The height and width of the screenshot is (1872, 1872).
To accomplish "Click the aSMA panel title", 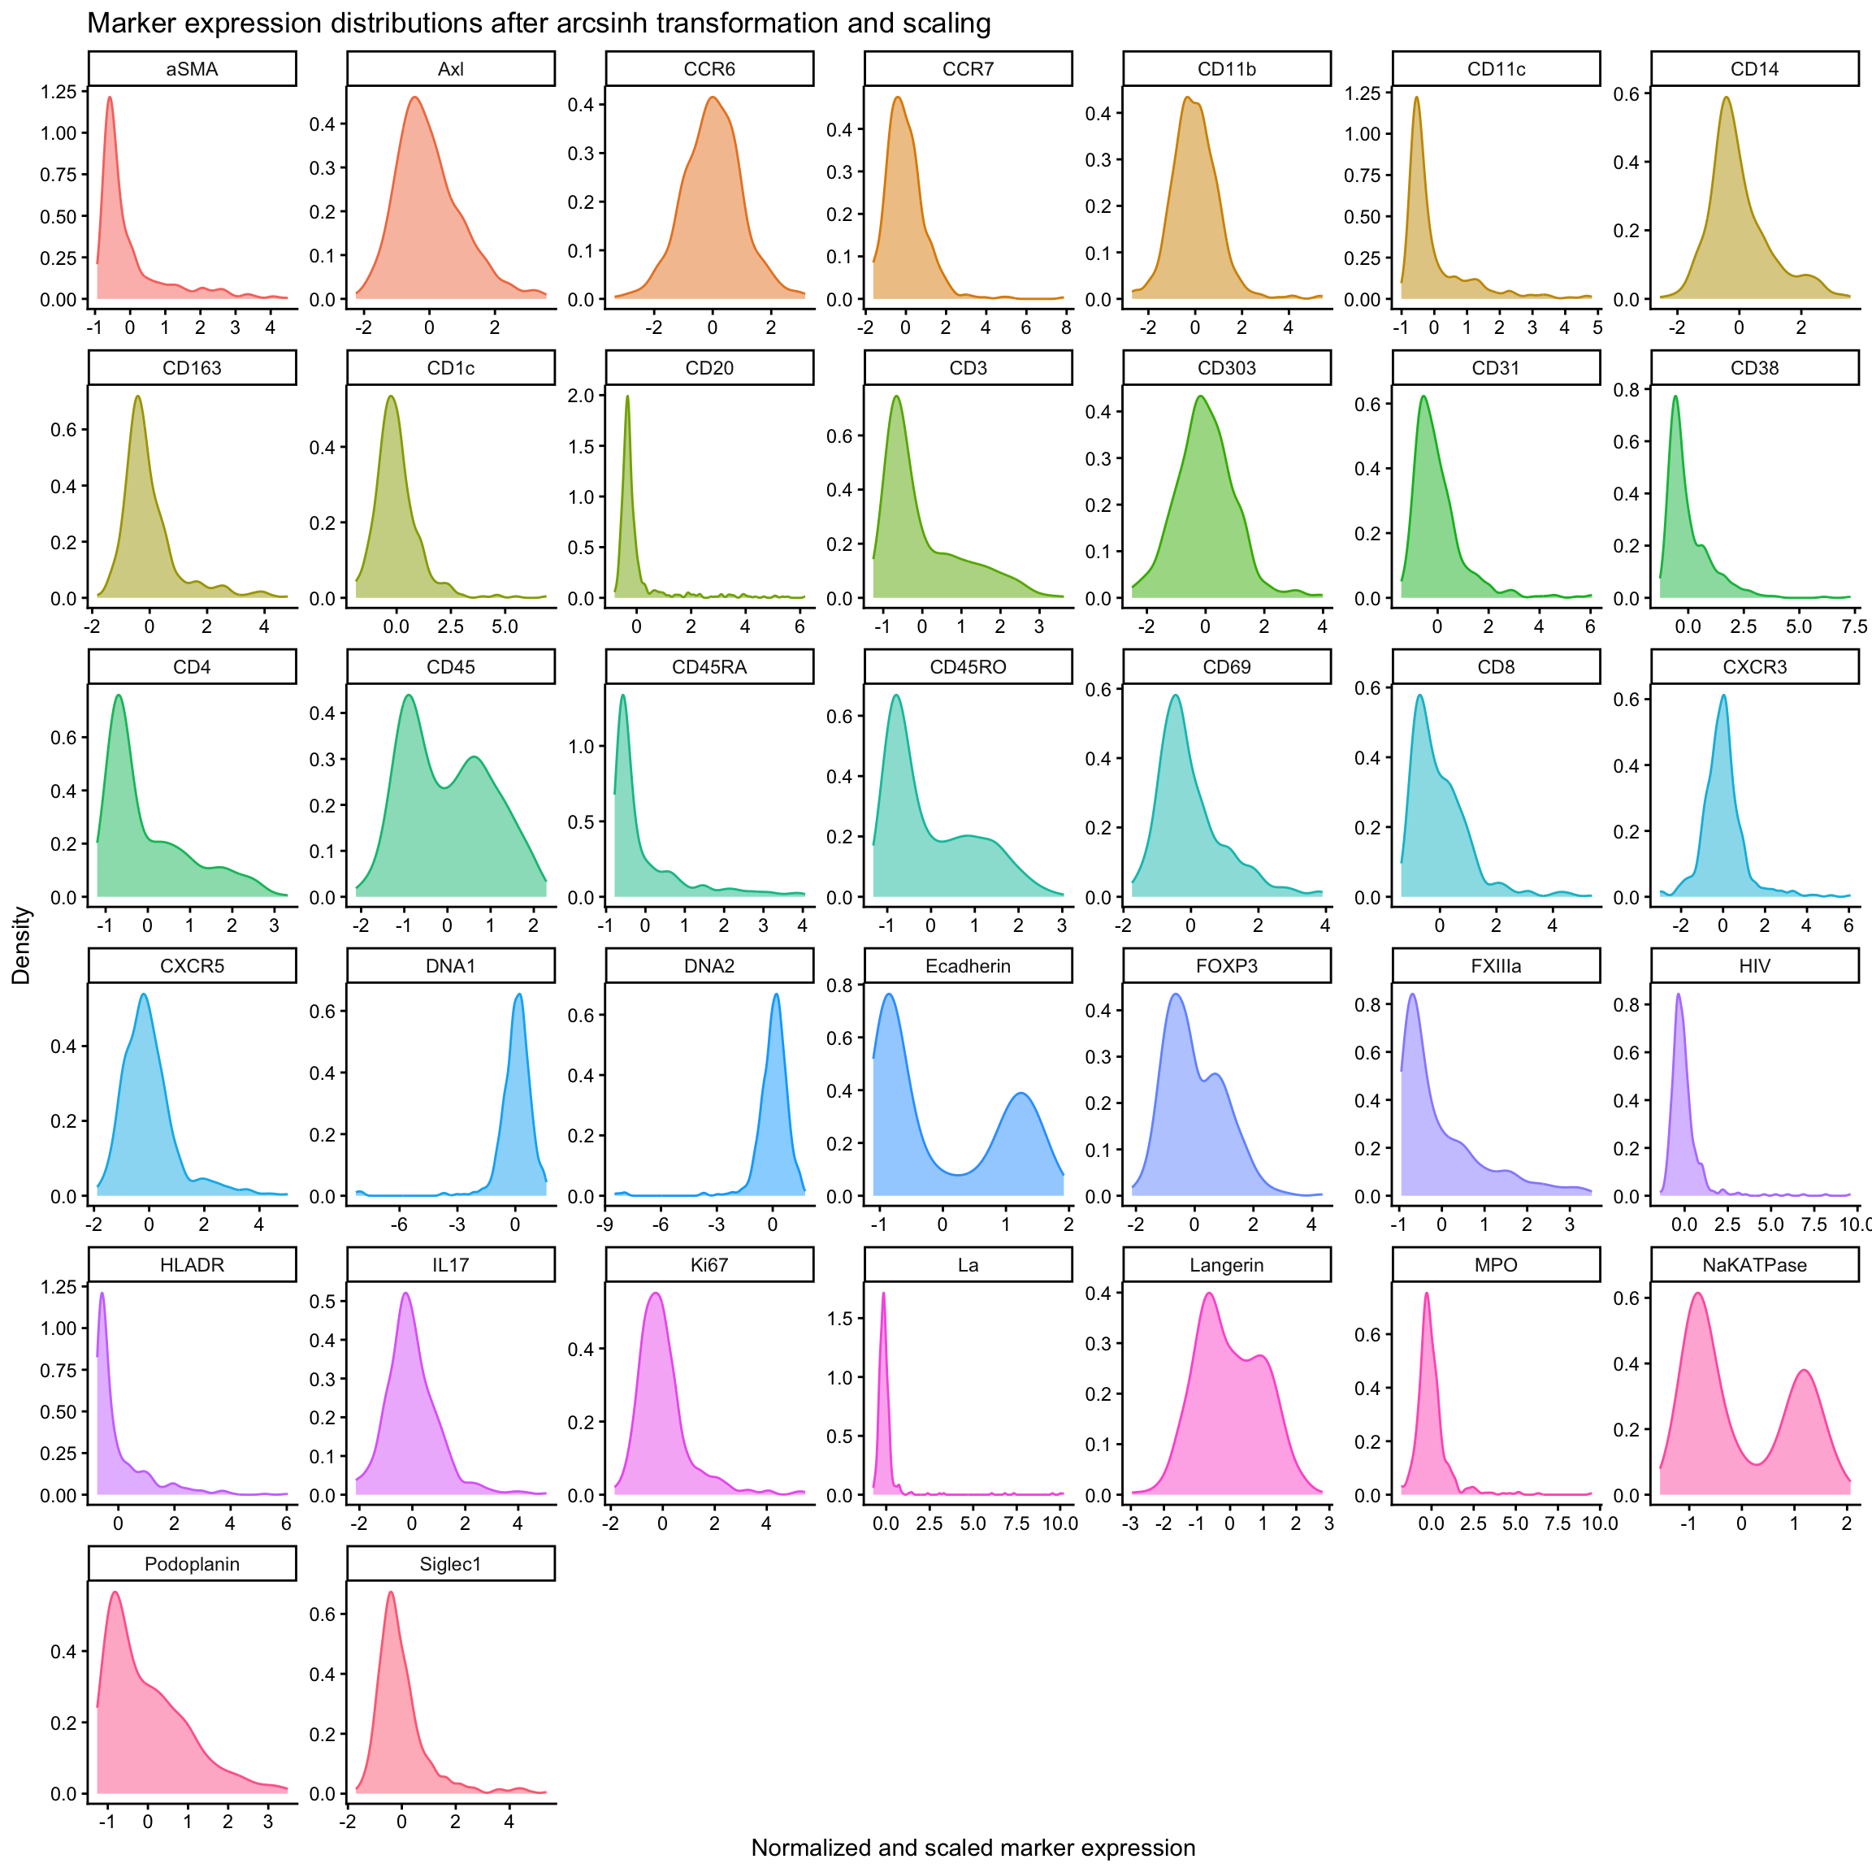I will pos(192,69).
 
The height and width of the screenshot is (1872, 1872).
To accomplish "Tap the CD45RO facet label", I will pos(967,666).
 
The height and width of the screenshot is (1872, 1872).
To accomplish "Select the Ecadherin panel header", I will pos(967,966).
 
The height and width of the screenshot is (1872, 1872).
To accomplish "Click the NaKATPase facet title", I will pos(1754,1264).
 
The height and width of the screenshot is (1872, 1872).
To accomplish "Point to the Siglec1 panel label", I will pos(451,1564).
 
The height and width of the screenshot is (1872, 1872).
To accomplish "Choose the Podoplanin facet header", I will pos(192,1564).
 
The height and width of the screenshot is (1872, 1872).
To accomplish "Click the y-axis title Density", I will pos(21,945).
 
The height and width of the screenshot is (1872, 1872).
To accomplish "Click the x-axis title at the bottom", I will pos(973,1847).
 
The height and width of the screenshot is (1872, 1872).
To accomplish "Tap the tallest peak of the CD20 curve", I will pos(627,396).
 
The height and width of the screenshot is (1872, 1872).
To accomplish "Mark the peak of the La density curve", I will pos(882,1293).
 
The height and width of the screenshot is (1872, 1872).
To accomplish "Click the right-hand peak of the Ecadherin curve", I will pos(1020,1093).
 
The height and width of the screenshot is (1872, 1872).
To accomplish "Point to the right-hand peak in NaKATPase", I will pos(1805,1370).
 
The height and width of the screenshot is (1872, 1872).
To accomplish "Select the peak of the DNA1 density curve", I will pos(518,994).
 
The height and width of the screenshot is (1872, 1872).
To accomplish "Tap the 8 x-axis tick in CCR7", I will pos(1066,327).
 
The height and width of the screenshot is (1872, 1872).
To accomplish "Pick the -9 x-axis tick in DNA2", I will pos(605,1224).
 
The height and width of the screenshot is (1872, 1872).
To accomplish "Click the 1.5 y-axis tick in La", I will pos(839,1318).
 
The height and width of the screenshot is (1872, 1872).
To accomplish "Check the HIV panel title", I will pos(1754,966).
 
